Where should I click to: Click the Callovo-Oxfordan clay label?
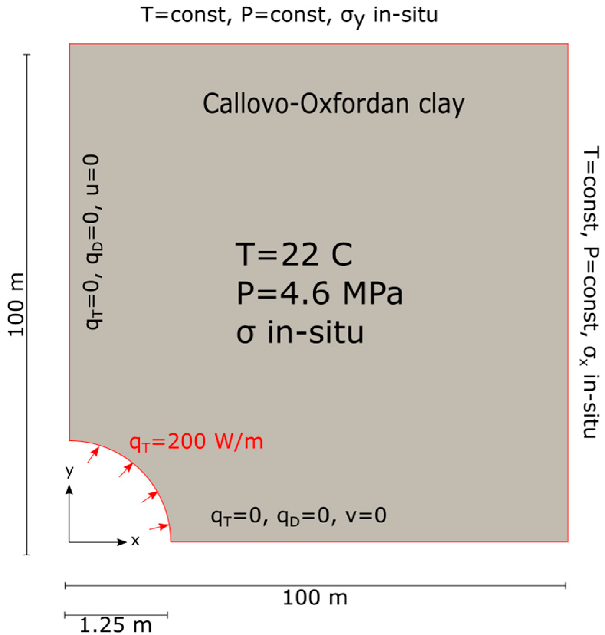point(333,104)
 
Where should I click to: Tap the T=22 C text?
point(293,254)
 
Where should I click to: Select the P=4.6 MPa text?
point(319,294)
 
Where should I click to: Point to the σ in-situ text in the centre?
point(300,332)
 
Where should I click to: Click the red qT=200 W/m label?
point(196,441)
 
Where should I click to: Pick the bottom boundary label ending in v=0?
point(298,516)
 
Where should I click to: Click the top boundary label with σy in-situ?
point(289,15)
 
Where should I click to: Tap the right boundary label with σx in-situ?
point(590,291)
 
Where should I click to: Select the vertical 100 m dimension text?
point(16,305)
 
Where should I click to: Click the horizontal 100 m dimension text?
point(315,598)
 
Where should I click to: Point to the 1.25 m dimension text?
point(115,625)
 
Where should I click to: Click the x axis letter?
point(135,541)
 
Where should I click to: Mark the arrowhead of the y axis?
point(69,489)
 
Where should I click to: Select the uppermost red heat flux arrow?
point(93,455)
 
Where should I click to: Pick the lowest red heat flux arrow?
point(159,527)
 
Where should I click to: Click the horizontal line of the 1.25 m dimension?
point(116,615)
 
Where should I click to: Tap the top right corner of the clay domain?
point(567,44)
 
